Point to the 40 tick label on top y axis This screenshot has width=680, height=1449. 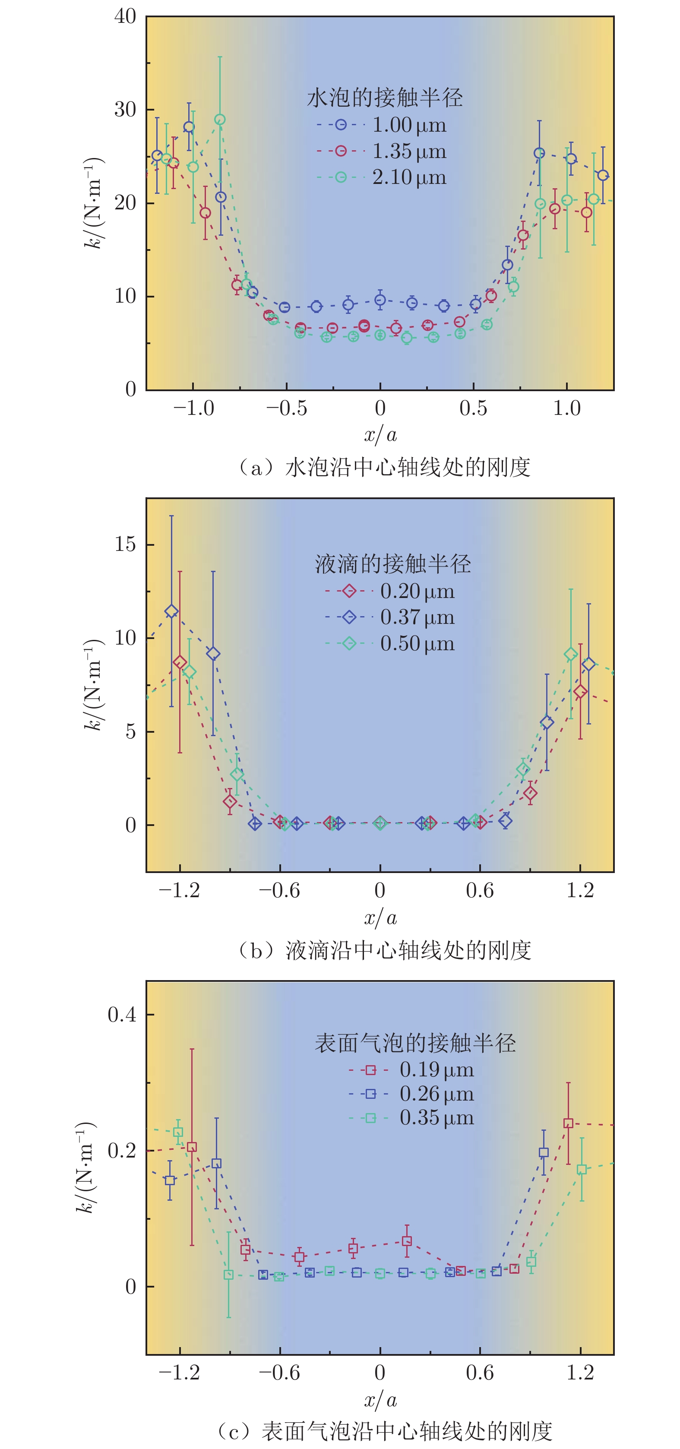[126, 17]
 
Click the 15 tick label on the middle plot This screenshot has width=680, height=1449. [126, 544]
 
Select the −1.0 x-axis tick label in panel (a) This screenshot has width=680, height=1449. [193, 408]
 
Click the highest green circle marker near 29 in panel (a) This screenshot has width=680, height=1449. [220, 120]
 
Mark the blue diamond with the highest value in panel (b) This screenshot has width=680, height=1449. [171, 611]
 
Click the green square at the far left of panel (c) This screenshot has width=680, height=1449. [178, 1133]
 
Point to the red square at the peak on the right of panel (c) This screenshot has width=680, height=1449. [568, 1123]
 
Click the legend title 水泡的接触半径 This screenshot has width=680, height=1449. [385, 98]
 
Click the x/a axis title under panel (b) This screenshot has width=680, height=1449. [380, 918]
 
